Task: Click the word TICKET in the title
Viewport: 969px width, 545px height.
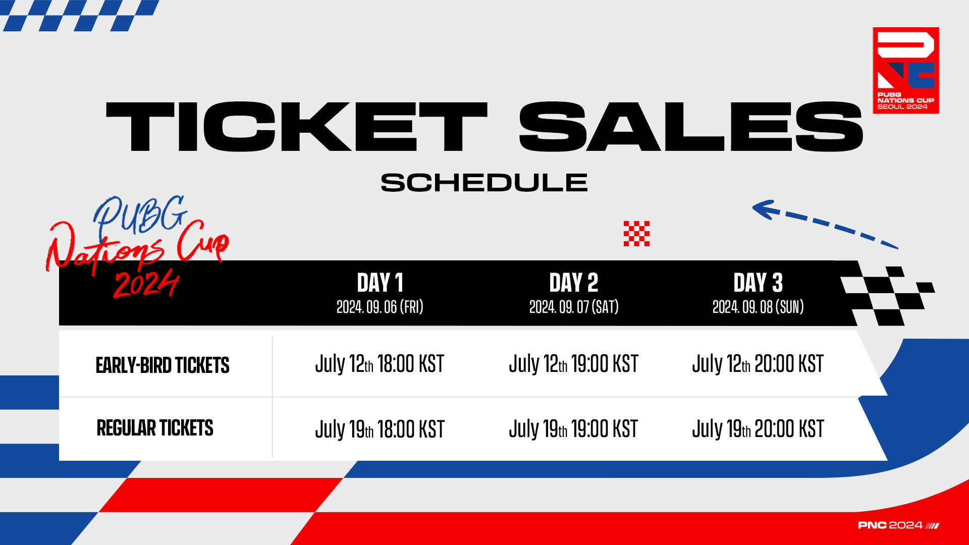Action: click(x=297, y=127)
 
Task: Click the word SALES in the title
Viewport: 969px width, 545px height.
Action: click(x=691, y=127)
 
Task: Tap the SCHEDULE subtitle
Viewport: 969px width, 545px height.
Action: click(x=484, y=183)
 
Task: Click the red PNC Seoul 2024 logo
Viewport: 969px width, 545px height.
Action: click(x=906, y=70)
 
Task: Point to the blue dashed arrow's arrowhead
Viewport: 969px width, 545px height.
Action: click(x=763, y=209)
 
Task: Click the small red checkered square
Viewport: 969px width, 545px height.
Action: click(x=636, y=234)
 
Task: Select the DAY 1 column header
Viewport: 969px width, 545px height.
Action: click(x=380, y=283)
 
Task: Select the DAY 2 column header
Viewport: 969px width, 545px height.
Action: click(x=574, y=283)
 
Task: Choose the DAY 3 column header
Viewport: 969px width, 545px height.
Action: click(x=758, y=283)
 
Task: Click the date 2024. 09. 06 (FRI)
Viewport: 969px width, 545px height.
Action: click(x=380, y=307)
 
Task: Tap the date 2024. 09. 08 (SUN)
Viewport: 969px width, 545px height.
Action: click(x=758, y=307)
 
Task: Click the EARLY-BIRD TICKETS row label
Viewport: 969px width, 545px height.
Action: click(x=163, y=365)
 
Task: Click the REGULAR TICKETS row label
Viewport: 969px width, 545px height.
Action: click(x=155, y=428)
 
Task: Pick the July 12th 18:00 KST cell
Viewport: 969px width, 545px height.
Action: click(x=380, y=364)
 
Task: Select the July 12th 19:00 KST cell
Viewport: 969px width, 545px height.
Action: click(x=574, y=364)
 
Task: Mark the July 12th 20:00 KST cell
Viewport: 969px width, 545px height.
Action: click(x=758, y=364)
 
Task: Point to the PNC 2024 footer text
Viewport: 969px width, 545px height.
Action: click(x=898, y=525)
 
